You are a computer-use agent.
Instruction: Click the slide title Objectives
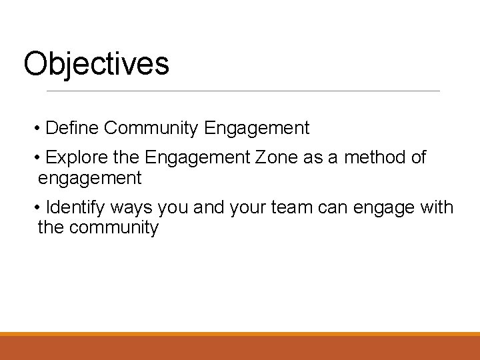(96, 65)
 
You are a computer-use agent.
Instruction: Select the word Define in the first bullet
(73, 127)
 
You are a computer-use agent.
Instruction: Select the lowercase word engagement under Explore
(90, 179)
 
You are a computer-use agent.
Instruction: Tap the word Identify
(75, 207)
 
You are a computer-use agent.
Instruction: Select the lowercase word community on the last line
(114, 228)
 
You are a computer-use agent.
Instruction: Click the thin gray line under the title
(243, 91)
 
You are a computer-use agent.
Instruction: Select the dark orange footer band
(240, 348)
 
